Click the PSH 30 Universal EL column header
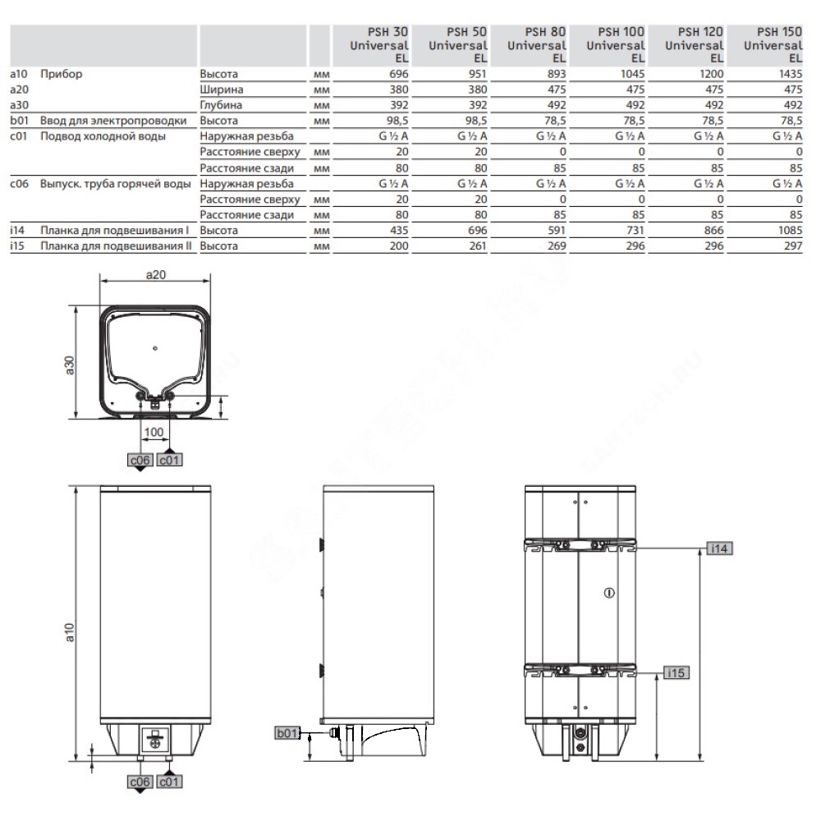point(379,45)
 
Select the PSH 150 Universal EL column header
point(773,45)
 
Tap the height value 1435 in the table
point(790,74)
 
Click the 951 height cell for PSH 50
point(478,74)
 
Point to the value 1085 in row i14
point(790,231)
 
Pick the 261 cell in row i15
point(478,246)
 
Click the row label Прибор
point(62,74)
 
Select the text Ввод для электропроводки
point(113,121)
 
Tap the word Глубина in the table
point(221,105)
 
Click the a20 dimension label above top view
point(155,274)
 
